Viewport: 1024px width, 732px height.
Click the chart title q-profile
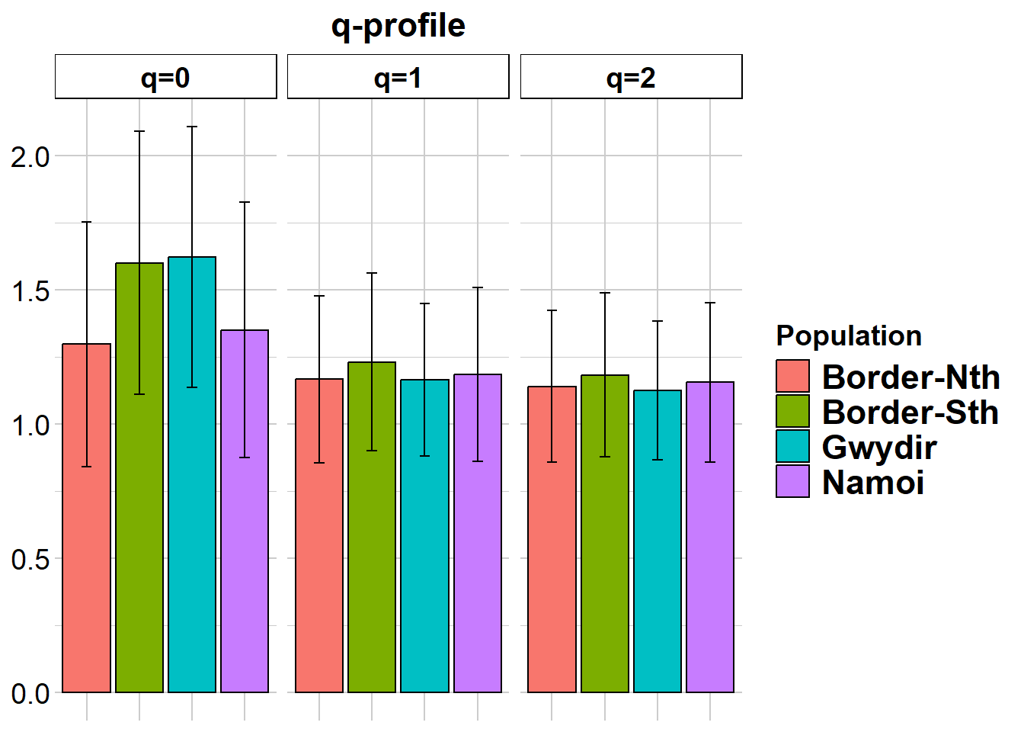[x=398, y=26]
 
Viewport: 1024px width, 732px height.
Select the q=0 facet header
[x=165, y=77]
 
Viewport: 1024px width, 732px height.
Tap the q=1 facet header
[x=398, y=77]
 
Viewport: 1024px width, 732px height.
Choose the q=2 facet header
[x=631, y=77]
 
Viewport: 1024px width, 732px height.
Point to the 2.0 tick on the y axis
[x=30, y=157]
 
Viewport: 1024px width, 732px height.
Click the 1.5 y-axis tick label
[x=30, y=291]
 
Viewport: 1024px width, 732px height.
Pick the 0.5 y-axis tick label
[x=30, y=560]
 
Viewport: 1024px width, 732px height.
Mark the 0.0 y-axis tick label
[x=30, y=694]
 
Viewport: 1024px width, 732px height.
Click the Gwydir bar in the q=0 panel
[x=192, y=534]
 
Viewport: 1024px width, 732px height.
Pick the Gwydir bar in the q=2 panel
[x=658, y=572]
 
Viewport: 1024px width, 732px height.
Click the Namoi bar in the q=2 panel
[x=710, y=572]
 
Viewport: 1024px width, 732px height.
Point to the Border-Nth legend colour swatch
[x=792, y=377]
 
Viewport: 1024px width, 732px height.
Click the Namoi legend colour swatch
[x=792, y=482]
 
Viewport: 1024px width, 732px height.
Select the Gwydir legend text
[x=879, y=448]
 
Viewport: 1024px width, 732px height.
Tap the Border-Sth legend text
[x=910, y=413]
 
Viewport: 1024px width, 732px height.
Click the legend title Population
[x=849, y=336]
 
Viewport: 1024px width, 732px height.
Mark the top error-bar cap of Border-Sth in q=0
[x=139, y=131]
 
